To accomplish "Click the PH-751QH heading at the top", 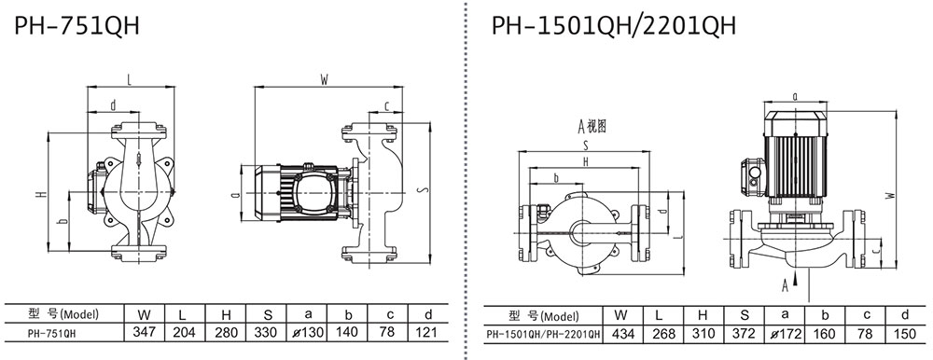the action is [x=77, y=26].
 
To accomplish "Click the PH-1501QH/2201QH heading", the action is [x=614, y=26].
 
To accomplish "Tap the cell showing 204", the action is [x=185, y=331].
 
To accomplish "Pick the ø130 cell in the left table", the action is [x=306, y=331].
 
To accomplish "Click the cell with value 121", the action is [x=428, y=331].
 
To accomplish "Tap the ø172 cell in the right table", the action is [x=785, y=334].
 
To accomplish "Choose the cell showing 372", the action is [x=744, y=334].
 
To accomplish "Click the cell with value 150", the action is [x=905, y=334].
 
